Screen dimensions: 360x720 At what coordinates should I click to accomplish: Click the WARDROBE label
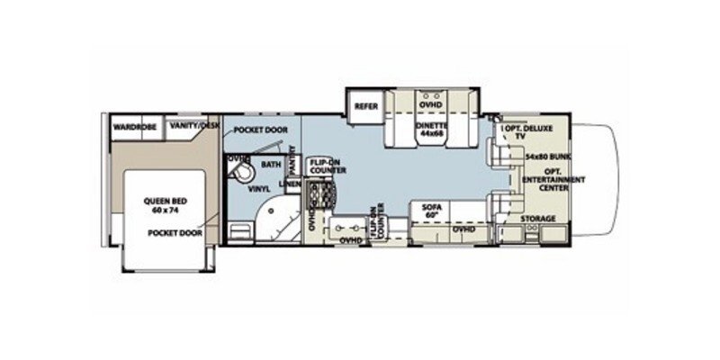point(134,128)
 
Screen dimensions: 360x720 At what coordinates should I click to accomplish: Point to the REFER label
point(365,105)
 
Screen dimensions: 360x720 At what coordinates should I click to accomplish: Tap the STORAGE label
point(539,219)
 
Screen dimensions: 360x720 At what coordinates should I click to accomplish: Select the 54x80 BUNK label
point(545,156)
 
